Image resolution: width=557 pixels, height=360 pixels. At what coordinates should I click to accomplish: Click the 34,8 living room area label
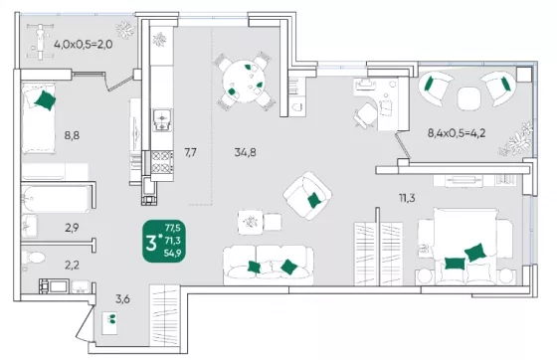click(x=245, y=153)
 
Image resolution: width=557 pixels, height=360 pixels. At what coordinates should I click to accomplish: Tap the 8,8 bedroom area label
click(x=72, y=135)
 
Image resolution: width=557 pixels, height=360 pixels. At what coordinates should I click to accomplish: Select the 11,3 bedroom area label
click(x=407, y=198)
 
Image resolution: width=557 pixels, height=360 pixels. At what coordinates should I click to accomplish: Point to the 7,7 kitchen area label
click(x=190, y=153)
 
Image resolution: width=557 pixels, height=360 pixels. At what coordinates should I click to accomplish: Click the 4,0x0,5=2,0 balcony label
click(x=84, y=45)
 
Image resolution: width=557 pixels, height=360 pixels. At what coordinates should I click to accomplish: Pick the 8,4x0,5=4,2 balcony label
click(x=457, y=133)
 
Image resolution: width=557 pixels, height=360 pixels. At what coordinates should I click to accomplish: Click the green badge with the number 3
click(x=164, y=241)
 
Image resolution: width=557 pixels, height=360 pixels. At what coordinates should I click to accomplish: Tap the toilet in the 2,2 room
click(x=33, y=258)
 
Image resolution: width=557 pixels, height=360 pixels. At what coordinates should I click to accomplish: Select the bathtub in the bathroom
click(x=56, y=199)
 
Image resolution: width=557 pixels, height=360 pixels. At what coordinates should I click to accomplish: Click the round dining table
click(x=244, y=82)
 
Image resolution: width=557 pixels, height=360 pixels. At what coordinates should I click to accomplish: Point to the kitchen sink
click(x=162, y=120)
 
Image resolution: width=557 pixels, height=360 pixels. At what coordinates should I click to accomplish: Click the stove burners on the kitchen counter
click(x=162, y=161)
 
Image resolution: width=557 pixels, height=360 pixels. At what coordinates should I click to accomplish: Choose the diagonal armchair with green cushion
click(x=307, y=195)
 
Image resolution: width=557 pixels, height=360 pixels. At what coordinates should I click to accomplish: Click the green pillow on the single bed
click(x=45, y=100)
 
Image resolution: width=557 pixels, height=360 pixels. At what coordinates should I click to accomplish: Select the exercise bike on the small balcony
click(x=41, y=41)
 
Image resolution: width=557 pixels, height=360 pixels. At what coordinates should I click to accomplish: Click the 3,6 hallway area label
click(x=122, y=299)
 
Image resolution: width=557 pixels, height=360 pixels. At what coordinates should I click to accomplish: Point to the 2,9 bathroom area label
click(x=72, y=228)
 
